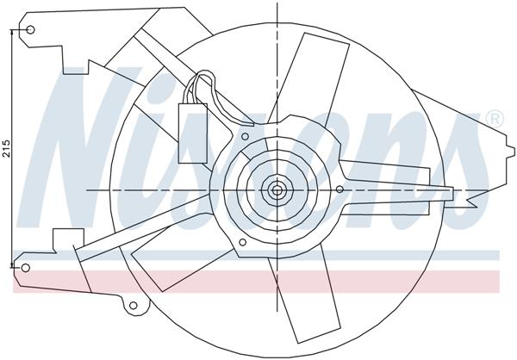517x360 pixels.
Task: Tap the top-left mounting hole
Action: pyautogui.click(x=31, y=31)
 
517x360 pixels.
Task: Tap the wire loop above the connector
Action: pyautogui.click(x=204, y=84)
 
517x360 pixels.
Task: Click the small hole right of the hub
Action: pyautogui.click(x=339, y=189)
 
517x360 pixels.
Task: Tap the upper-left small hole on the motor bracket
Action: pyautogui.click(x=245, y=136)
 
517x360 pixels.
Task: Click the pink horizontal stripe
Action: pyautogui.click(x=258, y=281)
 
